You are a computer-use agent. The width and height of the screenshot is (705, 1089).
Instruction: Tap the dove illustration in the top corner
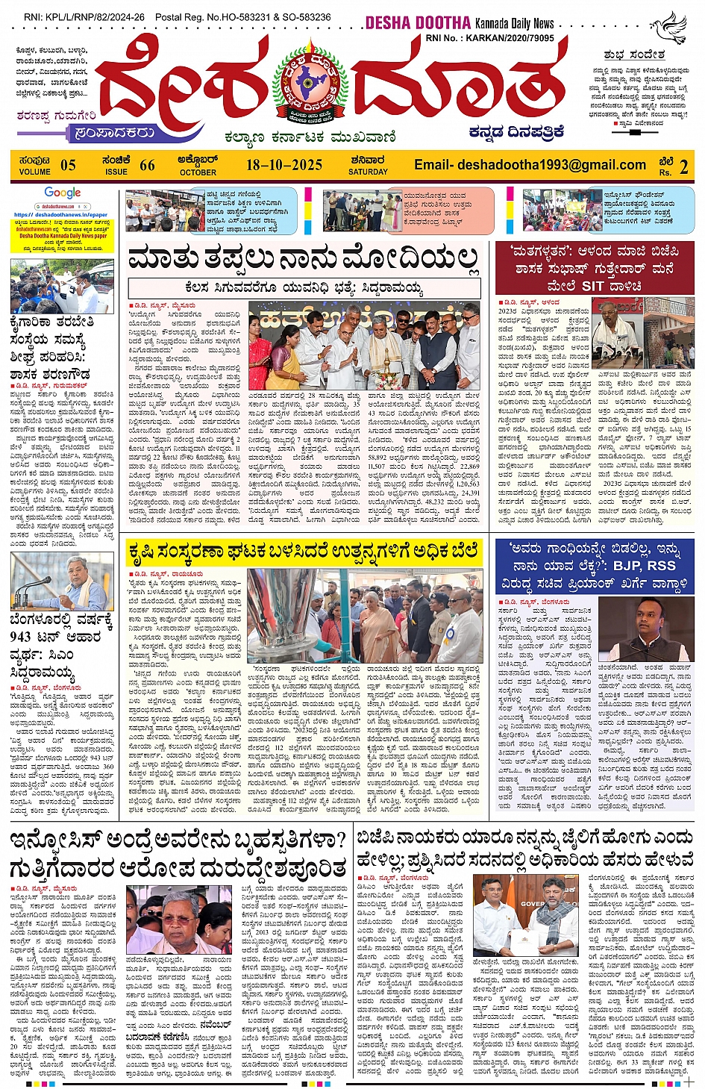pos(669,28)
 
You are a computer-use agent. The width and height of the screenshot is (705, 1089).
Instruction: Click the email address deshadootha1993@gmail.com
pos(530,165)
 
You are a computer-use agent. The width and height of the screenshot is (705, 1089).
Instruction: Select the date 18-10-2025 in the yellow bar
pos(284,165)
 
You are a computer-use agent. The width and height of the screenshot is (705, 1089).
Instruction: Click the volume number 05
pos(68,165)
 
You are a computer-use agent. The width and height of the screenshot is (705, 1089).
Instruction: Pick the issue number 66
pos(147,165)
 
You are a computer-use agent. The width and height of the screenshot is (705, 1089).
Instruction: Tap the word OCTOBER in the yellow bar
pos(198,172)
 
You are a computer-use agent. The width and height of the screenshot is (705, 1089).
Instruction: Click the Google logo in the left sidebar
pos(62,193)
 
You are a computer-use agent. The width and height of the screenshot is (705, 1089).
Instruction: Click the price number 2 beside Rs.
pos(683,166)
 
